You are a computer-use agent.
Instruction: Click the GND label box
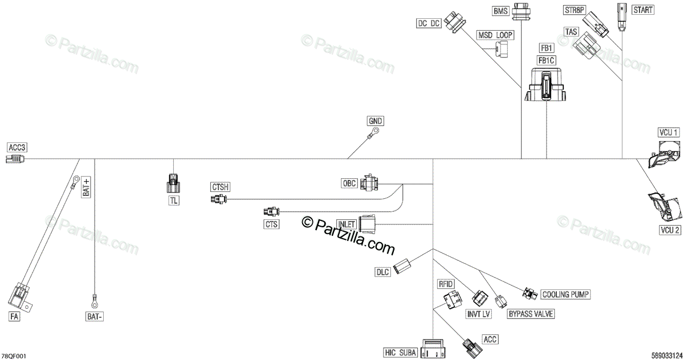(x=375, y=121)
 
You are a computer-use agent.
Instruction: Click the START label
(x=642, y=10)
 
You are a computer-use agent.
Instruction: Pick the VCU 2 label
(x=669, y=230)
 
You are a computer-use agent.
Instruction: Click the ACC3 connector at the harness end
(x=16, y=158)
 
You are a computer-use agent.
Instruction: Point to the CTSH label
(x=220, y=187)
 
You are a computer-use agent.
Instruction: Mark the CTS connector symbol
(x=271, y=212)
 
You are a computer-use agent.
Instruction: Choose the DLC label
(x=382, y=272)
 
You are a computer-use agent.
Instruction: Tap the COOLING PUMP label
(x=565, y=294)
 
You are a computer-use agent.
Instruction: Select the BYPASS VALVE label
(x=530, y=313)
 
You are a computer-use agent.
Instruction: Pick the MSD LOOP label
(x=495, y=35)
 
